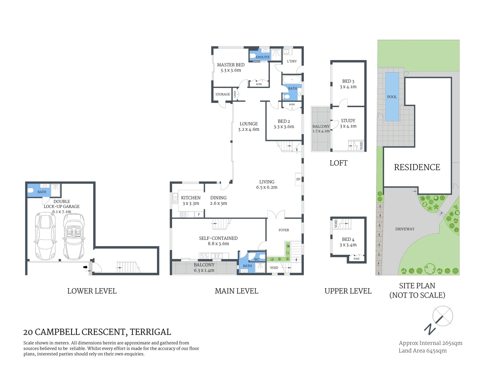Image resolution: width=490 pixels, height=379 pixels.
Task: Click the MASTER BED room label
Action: (231, 65)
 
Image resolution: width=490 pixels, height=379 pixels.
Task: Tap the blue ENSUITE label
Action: (263, 57)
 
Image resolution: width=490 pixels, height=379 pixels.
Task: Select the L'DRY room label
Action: (292, 61)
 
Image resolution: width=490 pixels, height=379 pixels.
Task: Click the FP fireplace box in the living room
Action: (298, 179)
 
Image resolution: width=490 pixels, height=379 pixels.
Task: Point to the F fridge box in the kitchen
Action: (199, 214)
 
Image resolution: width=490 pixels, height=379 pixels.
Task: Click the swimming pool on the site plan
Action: (392, 97)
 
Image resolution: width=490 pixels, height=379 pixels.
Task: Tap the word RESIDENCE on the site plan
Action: (417, 167)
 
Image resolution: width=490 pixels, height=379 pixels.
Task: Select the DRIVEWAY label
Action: (405, 229)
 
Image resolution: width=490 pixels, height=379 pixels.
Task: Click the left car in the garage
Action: (45, 236)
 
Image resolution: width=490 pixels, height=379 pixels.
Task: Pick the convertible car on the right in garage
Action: (74, 236)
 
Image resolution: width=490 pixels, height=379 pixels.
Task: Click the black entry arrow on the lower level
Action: (85, 267)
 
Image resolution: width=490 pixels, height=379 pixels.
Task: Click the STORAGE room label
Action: (223, 94)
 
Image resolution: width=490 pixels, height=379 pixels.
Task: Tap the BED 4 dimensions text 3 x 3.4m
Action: (348, 245)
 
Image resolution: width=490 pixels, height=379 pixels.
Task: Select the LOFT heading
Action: (338, 163)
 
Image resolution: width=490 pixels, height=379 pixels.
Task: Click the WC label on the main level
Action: (257, 260)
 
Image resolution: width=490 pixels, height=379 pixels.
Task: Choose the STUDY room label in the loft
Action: (348, 121)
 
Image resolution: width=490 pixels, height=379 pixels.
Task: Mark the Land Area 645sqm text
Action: (422, 351)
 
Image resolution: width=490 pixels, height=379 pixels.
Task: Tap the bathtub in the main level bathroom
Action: (292, 79)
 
